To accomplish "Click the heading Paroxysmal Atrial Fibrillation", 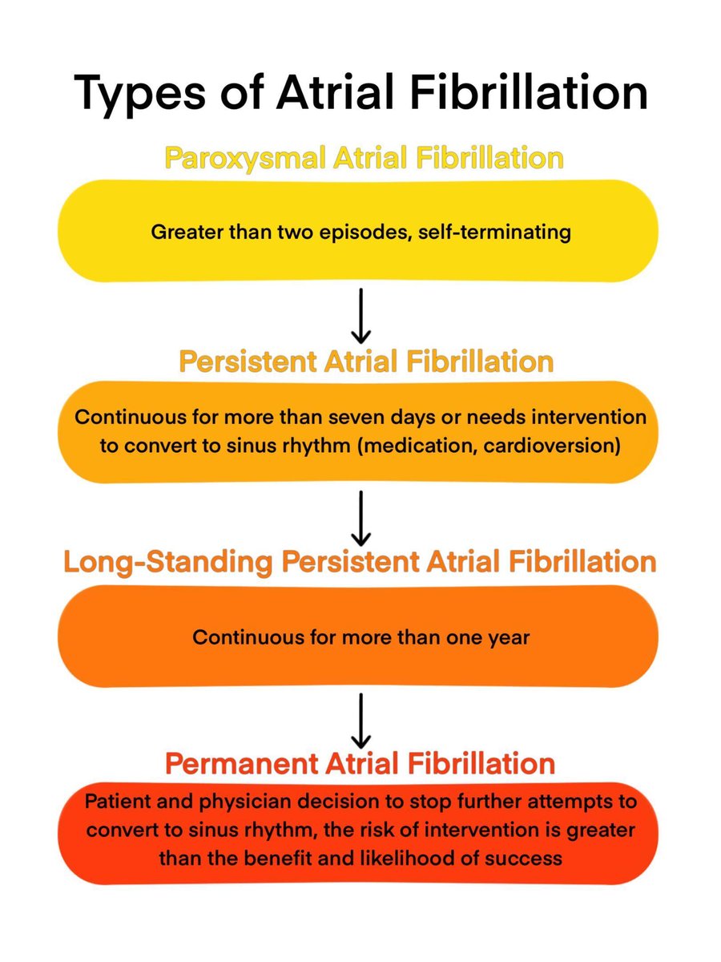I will [364, 157].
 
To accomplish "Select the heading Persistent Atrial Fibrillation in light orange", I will [366, 361].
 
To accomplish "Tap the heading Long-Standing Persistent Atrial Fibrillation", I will [360, 562].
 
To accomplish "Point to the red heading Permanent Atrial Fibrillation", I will [360, 762].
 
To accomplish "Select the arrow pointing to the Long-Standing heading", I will [360, 517].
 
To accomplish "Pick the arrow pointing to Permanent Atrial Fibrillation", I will [360, 719].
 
